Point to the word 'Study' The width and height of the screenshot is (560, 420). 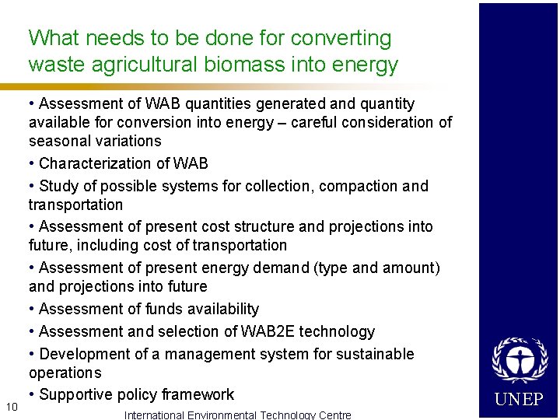pos(58,187)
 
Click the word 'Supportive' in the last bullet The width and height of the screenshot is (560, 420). pos(77,395)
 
